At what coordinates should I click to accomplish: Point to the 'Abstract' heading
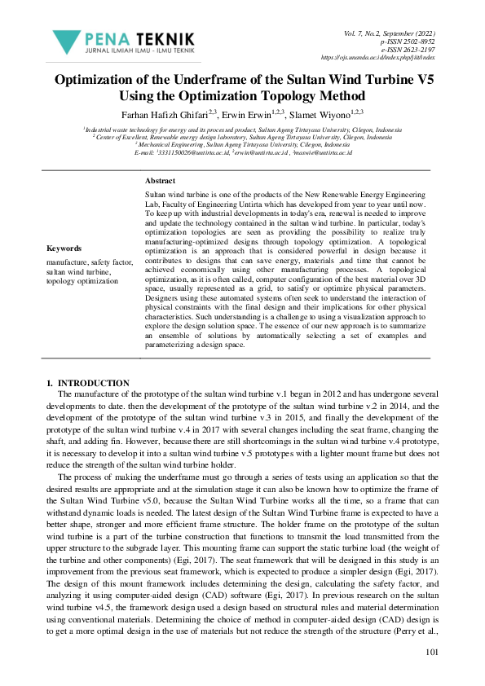pos(160,179)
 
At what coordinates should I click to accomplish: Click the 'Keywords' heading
pos(64,248)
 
